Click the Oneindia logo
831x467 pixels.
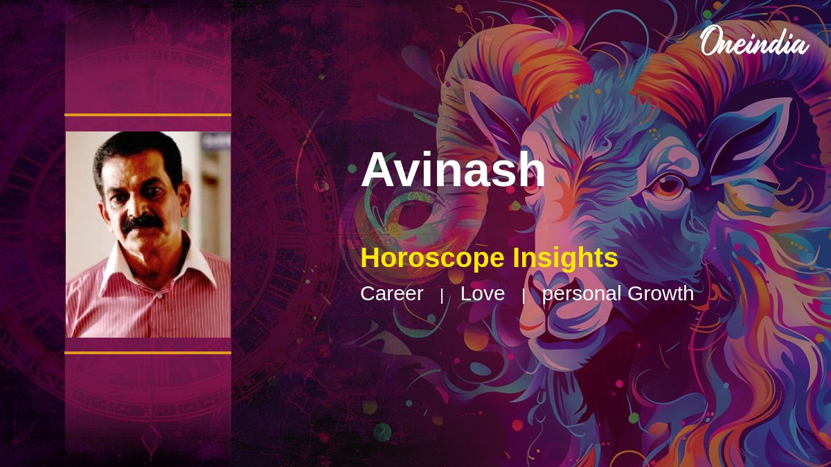pyautogui.click(x=755, y=42)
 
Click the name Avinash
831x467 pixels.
pyautogui.click(x=453, y=170)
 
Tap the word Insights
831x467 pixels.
pyautogui.click(x=565, y=257)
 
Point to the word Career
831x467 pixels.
pyautogui.click(x=392, y=293)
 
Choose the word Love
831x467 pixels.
pyautogui.click(x=483, y=293)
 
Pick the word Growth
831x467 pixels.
pyautogui.click(x=661, y=293)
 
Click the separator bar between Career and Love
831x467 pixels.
pyautogui.click(x=442, y=296)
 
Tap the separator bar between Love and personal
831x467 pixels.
pyautogui.click(x=524, y=296)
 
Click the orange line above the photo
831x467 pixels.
pyautogui.click(x=148, y=115)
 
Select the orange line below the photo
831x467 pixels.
pyautogui.click(x=148, y=353)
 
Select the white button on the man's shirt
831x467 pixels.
pyautogui.click(x=160, y=297)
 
